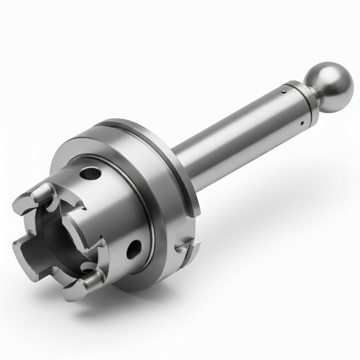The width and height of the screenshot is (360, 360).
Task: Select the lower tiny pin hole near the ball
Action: [x=302, y=122]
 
